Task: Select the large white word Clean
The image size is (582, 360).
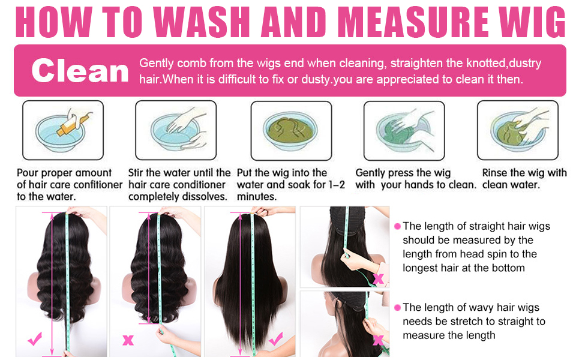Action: pos(80,71)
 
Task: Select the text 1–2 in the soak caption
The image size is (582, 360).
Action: pos(333,185)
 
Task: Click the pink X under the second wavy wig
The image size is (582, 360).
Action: pos(128,340)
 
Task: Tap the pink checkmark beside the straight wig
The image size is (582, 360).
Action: pos(276,340)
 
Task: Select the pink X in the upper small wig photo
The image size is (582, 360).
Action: pos(379,278)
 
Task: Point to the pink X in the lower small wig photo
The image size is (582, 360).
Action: pos(379,340)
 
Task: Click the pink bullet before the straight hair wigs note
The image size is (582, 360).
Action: pos(397,227)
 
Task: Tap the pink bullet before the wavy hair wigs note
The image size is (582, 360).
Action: pos(397,307)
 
